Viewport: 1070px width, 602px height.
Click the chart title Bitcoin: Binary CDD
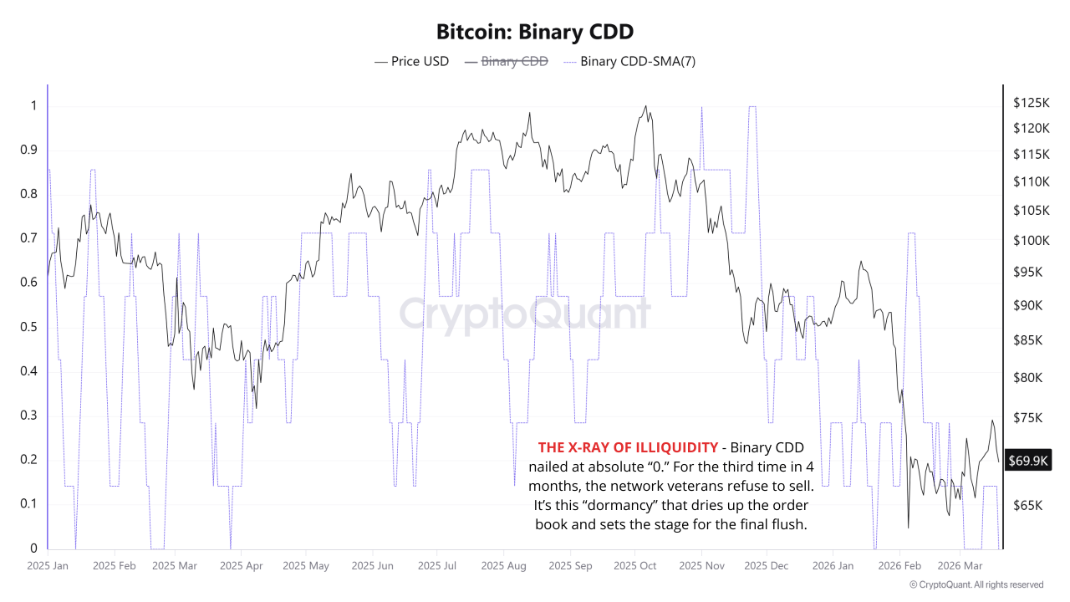tap(535, 32)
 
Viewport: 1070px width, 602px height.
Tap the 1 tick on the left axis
tap(34, 105)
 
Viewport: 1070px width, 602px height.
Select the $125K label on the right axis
tap(1030, 103)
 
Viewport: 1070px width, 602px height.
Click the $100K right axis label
tap(1030, 241)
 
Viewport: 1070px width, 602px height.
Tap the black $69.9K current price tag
tap(1029, 460)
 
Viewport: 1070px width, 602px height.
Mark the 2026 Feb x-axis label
tap(899, 566)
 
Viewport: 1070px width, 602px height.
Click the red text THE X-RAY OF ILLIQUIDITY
tap(627, 447)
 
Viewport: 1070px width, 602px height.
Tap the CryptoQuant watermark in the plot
tap(524, 314)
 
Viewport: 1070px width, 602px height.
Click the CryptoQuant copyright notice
tap(976, 584)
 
